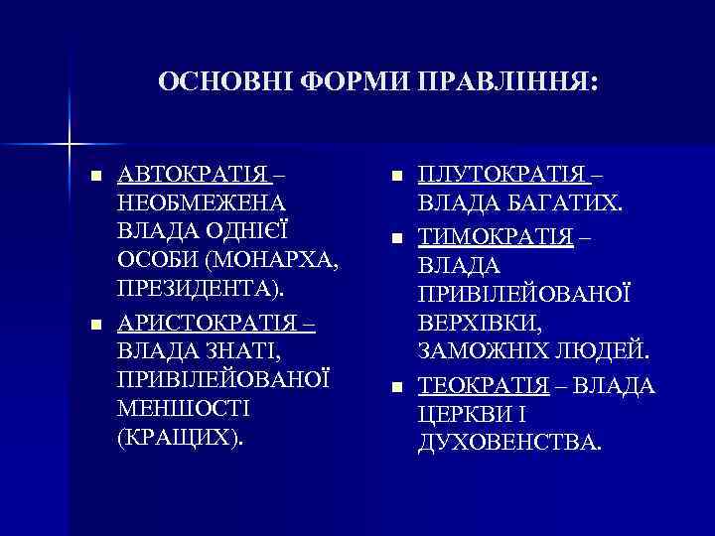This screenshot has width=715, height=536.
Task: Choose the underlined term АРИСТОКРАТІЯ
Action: [x=210, y=323]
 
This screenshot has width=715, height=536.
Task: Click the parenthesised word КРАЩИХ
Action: [x=180, y=439]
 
